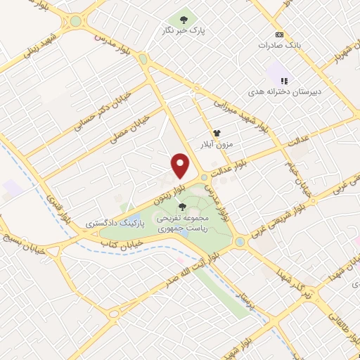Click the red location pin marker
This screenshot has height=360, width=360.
point(181,166)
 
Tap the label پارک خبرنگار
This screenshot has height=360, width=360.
point(184,32)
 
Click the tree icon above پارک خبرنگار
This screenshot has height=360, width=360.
point(184,20)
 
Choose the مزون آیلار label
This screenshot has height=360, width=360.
point(217,143)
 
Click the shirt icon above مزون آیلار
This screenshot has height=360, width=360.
point(217,132)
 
